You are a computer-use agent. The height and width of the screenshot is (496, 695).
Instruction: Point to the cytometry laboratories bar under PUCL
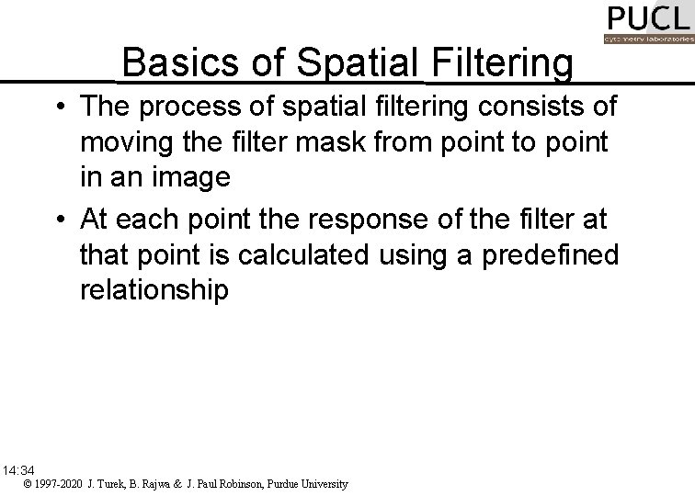point(648,39)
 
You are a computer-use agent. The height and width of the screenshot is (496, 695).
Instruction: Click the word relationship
point(154,290)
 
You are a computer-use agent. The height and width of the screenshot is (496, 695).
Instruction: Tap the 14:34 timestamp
point(18,469)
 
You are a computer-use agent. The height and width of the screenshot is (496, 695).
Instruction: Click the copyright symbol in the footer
point(28,483)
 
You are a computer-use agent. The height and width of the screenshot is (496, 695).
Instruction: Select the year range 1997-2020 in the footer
point(59,483)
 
